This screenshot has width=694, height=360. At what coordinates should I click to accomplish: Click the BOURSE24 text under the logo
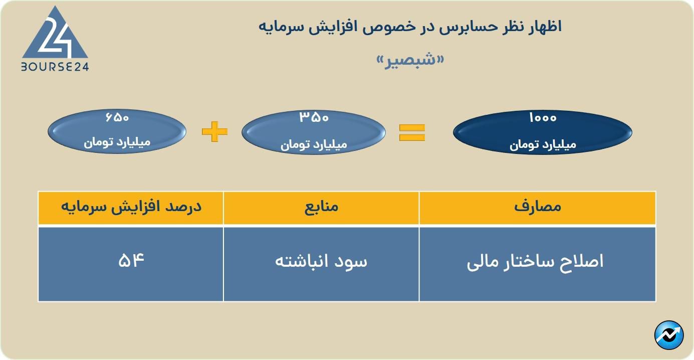tap(55, 66)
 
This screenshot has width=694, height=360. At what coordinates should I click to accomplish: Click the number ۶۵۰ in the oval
tap(117, 118)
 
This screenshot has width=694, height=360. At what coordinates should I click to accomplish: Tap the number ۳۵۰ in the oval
tap(314, 118)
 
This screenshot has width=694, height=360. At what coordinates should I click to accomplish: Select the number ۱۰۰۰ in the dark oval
tap(542, 118)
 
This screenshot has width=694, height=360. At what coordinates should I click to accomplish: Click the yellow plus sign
tap(214, 132)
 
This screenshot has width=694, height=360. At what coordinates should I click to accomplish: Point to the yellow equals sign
tap(412, 132)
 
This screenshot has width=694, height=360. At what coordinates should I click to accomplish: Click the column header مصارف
tap(538, 207)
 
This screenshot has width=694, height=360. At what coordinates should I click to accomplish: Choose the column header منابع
tap(321, 207)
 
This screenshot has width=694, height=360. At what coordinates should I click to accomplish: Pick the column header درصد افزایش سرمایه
tap(131, 207)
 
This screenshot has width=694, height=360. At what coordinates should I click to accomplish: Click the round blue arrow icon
tap(669, 335)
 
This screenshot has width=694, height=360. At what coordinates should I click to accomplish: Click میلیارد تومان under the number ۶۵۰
tap(117, 142)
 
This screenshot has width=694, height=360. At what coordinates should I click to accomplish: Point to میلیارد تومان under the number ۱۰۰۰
tap(543, 145)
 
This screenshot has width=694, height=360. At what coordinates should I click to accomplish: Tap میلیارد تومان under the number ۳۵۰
tap(314, 145)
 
